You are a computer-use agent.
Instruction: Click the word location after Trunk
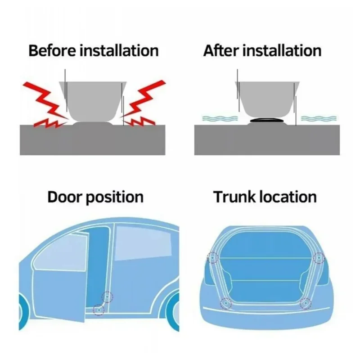[290, 197]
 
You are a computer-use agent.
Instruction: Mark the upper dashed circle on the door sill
[107, 296]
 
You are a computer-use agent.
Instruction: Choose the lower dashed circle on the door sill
[98, 309]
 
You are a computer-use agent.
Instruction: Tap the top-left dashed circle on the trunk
[212, 258]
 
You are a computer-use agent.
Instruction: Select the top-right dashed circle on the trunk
[319, 257]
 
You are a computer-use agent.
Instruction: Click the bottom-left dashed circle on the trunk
[225, 303]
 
